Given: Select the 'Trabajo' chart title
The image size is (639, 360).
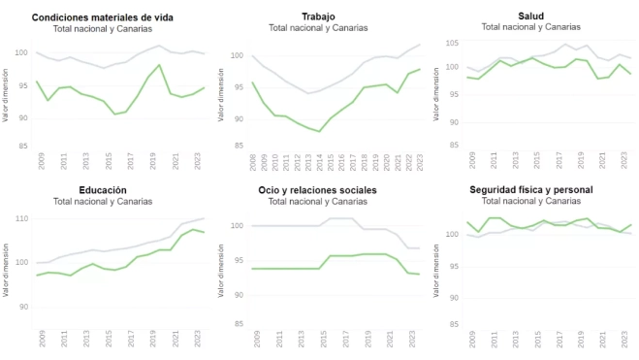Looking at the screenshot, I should click(318, 16).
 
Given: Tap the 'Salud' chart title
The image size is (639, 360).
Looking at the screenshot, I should click(530, 16).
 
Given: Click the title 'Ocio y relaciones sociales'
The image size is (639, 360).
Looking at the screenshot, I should click(318, 189).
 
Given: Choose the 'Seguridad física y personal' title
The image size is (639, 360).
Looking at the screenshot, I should click(530, 188).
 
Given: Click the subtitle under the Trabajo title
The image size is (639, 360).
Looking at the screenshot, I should click(318, 28).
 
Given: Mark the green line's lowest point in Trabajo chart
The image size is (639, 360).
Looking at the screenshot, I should click(319, 131).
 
